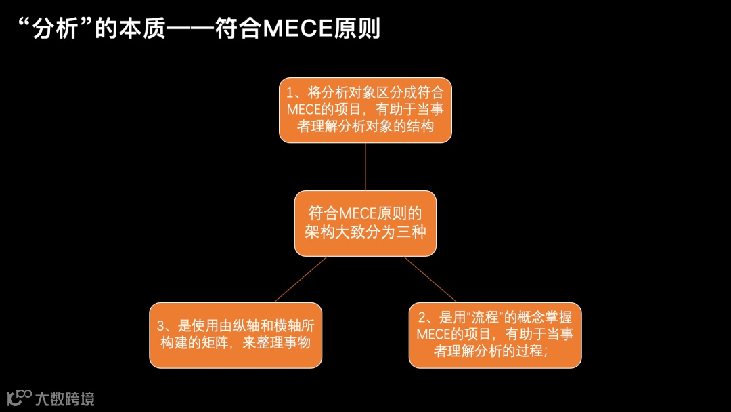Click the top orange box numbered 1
coord(365,110)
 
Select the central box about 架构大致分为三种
coord(365,223)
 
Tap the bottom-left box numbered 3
coord(236,335)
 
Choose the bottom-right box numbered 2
coord(495,335)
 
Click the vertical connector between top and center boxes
coord(365,167)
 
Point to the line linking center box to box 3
coord(301,279)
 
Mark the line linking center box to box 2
coord(430,279)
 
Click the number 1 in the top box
coord(290,94)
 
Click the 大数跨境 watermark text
coord(64,398)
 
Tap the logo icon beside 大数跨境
coord(19,398)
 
